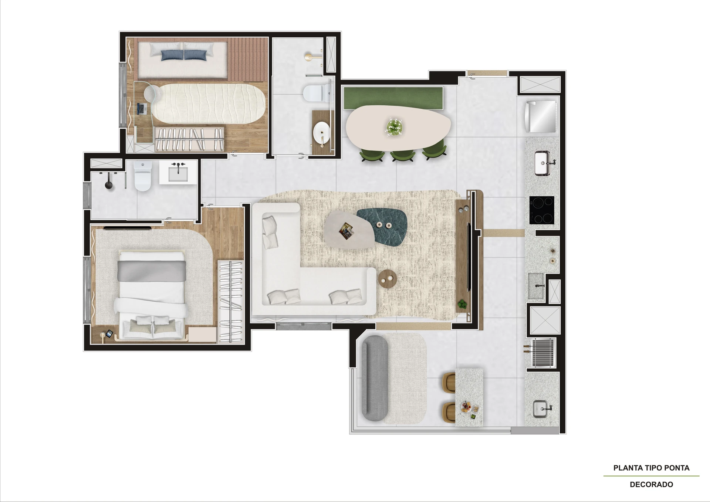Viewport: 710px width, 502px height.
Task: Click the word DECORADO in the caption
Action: point(651,484)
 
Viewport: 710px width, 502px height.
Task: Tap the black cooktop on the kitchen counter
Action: point(542,210)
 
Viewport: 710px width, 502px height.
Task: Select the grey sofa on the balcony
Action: point(375,378)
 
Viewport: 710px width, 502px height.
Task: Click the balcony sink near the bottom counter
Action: point(542,409)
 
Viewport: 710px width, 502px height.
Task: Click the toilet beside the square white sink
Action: point(142,176)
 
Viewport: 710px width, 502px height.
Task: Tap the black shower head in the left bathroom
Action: point(109,185)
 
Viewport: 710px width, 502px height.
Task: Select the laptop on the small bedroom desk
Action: point(141,109)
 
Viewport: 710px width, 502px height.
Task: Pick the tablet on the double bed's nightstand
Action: point(109,333)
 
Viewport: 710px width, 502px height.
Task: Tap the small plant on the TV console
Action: point(462,304)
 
